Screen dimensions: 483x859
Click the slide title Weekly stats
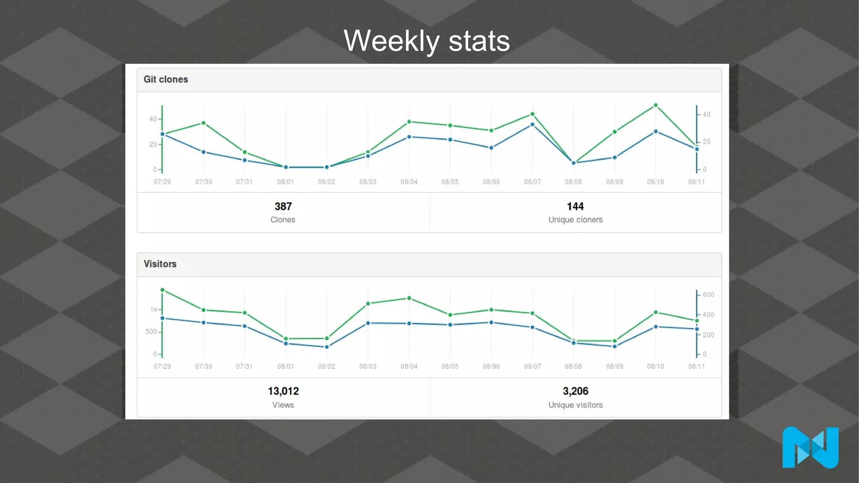pyautogui.click(x=427, y=41)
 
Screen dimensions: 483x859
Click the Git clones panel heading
pyautogui.click(x=166, y=79)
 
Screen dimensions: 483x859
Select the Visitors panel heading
pyautogui.click(x=160, y=264)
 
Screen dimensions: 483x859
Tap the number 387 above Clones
pyautogui.click(x=283, y=206)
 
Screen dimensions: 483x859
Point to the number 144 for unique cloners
pyautogui.click(x=575, y=206)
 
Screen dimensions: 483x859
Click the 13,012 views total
pyautogui.click(x=283, y=391)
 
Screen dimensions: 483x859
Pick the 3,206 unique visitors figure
pyautogui.click(x=575, y=391)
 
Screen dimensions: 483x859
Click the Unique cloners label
pyautogui.click(x=575, y=220)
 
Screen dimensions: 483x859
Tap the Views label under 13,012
pyautogui.click(x=283, y=405)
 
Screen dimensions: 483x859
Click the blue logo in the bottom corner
pyautogui.click(x=810, y=447)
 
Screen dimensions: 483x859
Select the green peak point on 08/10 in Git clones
pyautogui.click(x=656, y=105)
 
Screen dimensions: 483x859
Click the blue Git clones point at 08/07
pyautogui.click(x=532, y=125)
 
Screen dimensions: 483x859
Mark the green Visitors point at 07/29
pyautogui.click(x=162, y=290)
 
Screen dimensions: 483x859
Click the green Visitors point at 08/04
pyautogui.click(x=409, y=299)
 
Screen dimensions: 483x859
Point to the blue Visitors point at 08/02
pyautogui.click(x=327, y=347)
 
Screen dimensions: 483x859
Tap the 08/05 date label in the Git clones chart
pyautogui.click(x=450, y=182)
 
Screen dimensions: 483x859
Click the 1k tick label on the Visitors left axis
pyautogui.click(x=154, y=309)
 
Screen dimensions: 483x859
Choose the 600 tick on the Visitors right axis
pyautogui.click(x=708, y=295)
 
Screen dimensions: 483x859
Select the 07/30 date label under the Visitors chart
pyautogui.click(x=203, y=366)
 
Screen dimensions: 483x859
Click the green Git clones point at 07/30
pyautogui.click(x=203, y=123)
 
